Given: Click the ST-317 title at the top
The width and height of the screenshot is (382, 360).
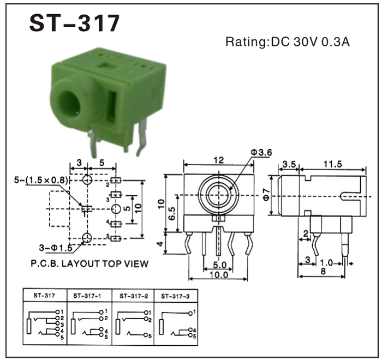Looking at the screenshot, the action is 74,23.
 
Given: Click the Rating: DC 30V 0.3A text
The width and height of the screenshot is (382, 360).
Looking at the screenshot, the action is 288,41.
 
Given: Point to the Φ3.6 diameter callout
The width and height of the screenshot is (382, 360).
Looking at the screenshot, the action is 261,153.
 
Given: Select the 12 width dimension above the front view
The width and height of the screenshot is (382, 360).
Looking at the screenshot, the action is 218,160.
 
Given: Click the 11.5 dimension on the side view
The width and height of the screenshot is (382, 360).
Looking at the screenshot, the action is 332,164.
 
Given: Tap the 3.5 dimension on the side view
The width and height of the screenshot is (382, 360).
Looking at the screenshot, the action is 289,164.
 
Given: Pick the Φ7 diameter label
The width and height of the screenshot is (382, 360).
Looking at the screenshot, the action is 266,194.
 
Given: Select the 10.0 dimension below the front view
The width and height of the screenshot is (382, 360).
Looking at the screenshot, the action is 219,275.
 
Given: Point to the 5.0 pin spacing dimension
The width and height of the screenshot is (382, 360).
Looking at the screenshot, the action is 219,265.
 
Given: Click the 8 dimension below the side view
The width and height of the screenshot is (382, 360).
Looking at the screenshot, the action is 323,271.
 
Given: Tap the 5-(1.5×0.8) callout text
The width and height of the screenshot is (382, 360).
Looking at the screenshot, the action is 41,180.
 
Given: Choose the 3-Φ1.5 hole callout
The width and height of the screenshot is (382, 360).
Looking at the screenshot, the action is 56,248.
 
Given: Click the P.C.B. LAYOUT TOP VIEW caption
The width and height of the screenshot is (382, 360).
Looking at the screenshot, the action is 89,263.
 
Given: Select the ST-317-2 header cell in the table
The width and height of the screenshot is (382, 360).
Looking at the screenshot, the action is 134,296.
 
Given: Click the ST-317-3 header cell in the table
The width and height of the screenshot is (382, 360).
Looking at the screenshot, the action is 175,296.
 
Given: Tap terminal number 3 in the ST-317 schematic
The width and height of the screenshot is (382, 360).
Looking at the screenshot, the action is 62,325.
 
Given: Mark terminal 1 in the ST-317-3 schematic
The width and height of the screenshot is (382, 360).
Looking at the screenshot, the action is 194,312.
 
